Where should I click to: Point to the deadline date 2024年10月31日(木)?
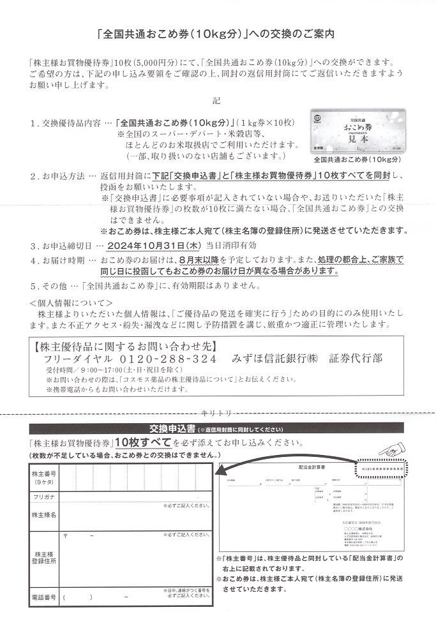tap(162, 245)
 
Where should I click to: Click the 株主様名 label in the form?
tap(43, 514)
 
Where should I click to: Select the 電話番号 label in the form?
tap(43, 597)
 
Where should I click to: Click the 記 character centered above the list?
tap(218, 100)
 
